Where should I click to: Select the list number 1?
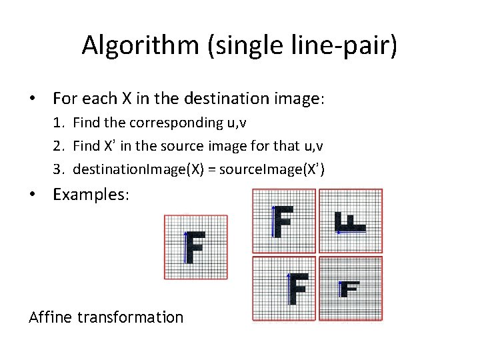pyautogui.click(x=59, y=123)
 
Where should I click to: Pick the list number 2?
pyautogui.click(x=59, y=146)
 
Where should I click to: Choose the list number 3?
pyautogui.click(x=59, y=169)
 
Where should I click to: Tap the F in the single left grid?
pyautogui.click(x=194, y=247)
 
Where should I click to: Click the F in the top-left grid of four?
pyautogui.click(x=283, y=221)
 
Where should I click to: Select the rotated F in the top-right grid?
pyautogui.click(x=349, y=222)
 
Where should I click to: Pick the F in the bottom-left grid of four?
pyautogui.click(x=297, y=288)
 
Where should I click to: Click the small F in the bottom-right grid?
pyautogui.click(x=349, y=289)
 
